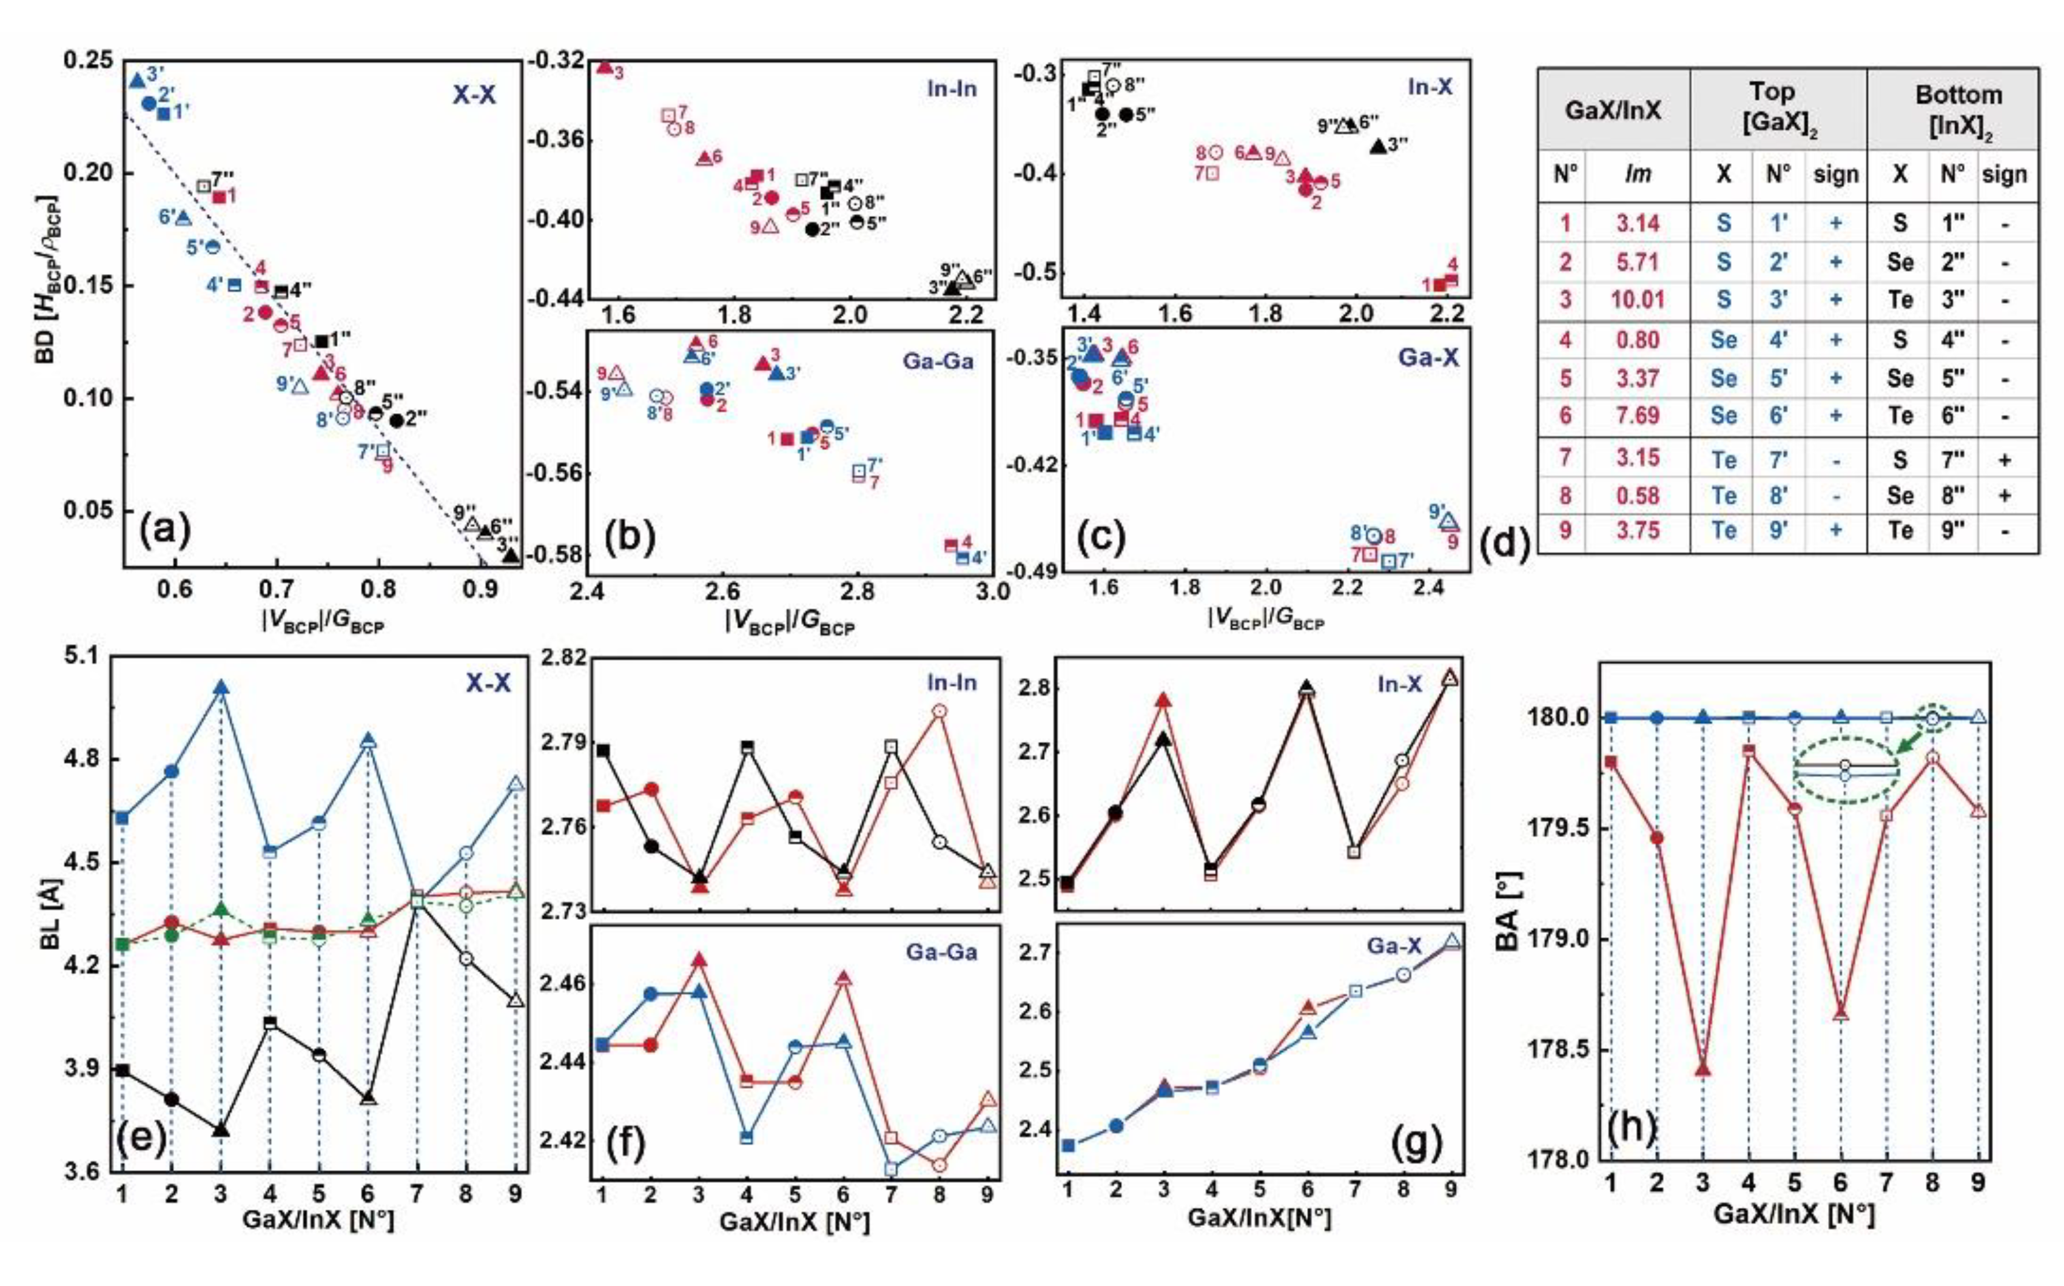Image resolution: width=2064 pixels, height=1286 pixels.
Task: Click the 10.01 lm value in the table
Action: [x=1637, y=300]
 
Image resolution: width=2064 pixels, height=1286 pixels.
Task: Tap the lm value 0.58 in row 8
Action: [x=1637, y=495]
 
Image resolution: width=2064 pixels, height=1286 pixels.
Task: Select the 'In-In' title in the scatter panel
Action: [x=951, y=89]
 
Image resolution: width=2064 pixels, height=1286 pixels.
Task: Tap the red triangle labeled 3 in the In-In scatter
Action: [x=605, y=67]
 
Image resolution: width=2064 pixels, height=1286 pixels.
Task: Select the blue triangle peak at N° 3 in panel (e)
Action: [x=221, y=687]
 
